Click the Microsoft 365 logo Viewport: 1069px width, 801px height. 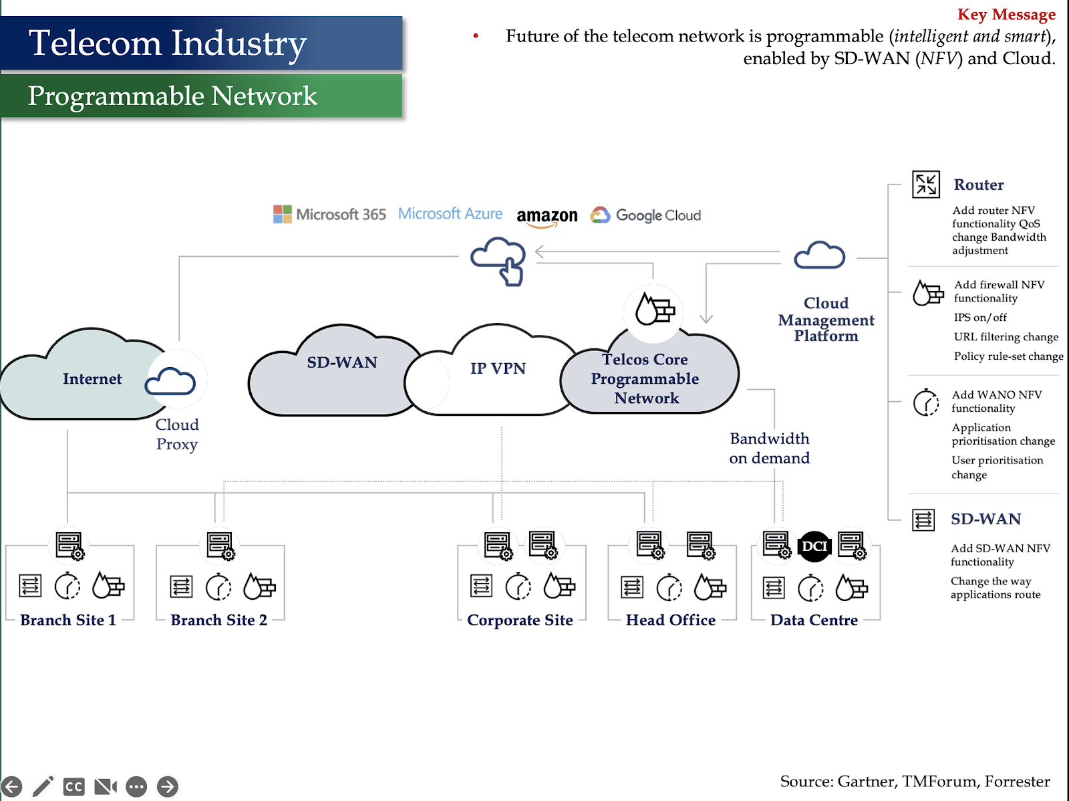329,215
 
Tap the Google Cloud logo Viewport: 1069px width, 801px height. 645,215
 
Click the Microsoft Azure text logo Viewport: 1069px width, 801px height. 450,213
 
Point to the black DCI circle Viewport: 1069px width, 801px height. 814,546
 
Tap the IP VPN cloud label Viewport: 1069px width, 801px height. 498,368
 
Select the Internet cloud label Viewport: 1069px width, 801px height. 92,378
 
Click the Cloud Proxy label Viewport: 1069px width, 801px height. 177,434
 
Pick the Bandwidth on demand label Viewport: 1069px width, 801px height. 770,448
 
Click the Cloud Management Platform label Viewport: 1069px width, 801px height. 826,319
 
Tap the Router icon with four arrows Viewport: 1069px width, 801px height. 926,185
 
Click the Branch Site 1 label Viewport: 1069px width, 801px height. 68,620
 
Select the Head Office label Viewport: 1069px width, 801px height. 671,620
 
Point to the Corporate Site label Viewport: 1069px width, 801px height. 520,620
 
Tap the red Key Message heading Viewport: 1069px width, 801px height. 1006,14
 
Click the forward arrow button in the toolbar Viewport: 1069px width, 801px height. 168,786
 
